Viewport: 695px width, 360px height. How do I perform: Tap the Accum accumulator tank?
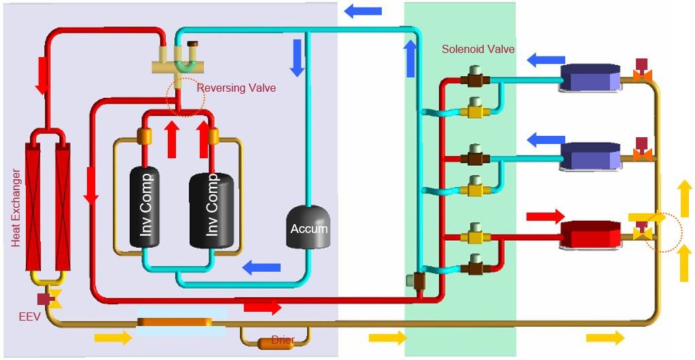[x=309, y=228]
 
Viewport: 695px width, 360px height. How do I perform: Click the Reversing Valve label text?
[x=236, y=88]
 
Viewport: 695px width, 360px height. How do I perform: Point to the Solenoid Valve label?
[x=478, y=50]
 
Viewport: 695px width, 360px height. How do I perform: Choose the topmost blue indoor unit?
[x=590, y=77]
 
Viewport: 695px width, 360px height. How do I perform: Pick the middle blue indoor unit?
[x=590, y=156]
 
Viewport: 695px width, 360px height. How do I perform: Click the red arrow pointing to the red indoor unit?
[x=546, y=217]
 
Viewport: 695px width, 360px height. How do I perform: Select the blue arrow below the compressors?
[x=262, y=266]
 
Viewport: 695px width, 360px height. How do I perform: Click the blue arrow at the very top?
[x=363, y=10]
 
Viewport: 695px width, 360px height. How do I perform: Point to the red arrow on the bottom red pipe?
[x=262, y=308]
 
